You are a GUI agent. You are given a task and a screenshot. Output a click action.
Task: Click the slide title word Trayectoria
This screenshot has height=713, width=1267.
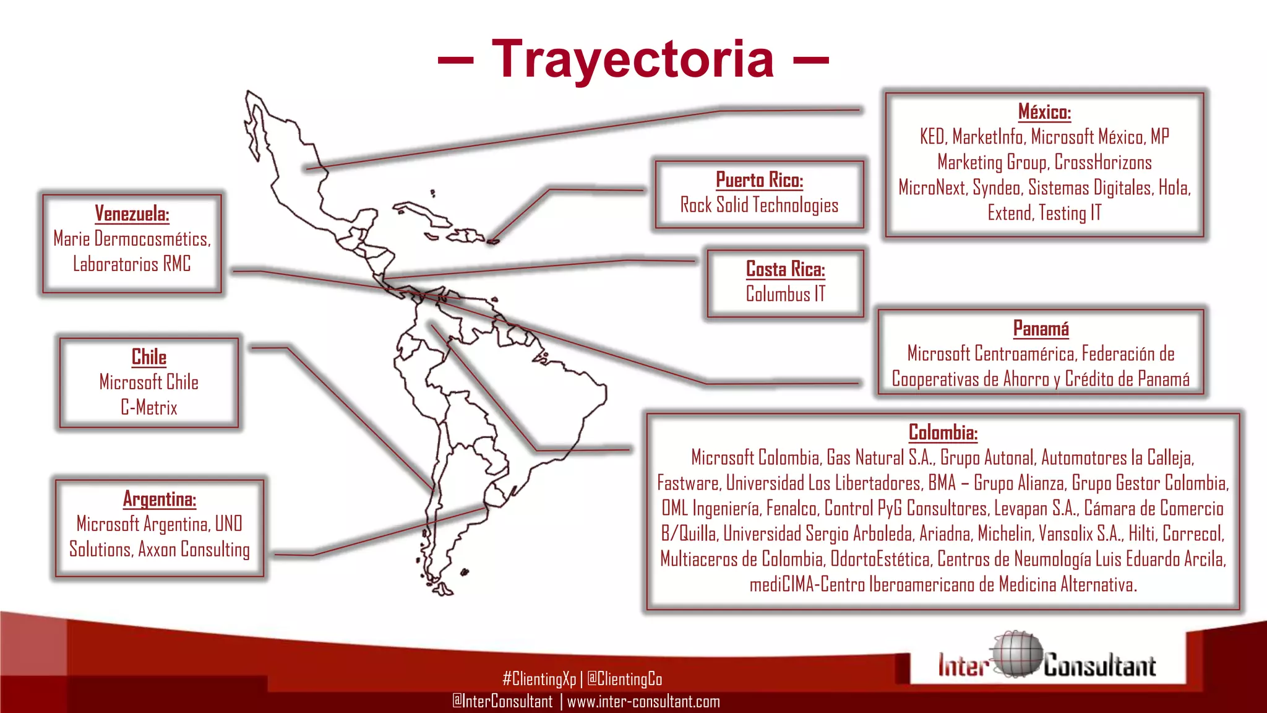coord(632,59)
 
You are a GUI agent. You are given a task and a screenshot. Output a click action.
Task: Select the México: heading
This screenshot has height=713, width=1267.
coord(1044,112)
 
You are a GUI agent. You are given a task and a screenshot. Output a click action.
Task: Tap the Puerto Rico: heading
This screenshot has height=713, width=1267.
coord(759,180)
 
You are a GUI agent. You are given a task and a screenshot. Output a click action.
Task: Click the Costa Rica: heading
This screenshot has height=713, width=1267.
coord(785,269)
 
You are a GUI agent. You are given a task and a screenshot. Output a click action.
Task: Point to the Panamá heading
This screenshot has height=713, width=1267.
coord(1041,329)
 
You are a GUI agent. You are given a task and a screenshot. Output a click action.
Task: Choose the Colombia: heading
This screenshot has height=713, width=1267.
coord(943,432)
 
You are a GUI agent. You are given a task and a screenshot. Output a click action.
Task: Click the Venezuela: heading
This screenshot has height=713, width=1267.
coord(132,214)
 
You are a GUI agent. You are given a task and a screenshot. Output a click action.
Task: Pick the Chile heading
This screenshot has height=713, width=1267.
coord(149,357)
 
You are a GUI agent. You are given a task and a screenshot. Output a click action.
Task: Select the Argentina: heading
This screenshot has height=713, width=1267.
coord(160,499)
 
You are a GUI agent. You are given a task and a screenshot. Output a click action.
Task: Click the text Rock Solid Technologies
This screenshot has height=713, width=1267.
coord(759,205)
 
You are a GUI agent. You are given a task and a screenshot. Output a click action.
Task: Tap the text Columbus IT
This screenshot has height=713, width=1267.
coord(785,294)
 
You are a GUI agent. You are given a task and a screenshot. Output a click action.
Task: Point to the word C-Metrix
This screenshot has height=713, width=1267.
coord(149,408)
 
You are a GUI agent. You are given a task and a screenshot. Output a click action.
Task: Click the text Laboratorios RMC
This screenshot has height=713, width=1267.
coord(132,264)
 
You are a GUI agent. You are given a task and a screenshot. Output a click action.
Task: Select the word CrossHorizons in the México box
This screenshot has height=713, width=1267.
coord(1103,162)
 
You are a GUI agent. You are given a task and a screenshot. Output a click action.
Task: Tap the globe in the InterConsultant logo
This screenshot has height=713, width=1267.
coord(1016,655)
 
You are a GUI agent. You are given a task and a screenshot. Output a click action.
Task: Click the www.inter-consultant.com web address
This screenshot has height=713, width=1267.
coord(643,702)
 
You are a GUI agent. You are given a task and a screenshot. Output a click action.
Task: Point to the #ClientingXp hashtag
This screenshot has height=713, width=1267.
coord(539,679)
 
